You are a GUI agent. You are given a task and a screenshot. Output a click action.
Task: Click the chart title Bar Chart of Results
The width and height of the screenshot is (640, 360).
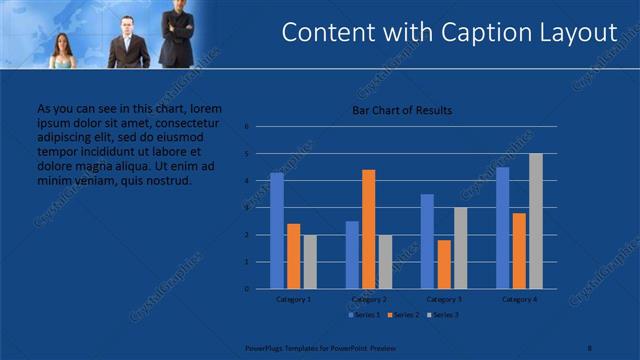tap(401, 109)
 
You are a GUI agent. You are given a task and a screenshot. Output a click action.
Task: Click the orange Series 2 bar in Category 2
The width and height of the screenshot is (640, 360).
tap(368, 229)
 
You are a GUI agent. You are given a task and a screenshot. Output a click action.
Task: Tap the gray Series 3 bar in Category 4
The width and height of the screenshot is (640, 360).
tap(535, 221)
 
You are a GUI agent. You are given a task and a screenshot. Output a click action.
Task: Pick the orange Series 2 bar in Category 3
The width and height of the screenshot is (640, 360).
tap(443, 264)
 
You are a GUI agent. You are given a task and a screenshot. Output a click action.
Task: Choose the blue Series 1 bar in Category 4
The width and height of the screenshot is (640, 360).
tap(502, 228)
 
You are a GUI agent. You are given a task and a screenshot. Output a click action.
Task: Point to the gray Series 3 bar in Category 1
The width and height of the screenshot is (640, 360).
tap(309, 262)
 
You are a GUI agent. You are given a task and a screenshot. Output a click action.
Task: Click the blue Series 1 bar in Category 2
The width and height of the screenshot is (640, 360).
tap(352, 255)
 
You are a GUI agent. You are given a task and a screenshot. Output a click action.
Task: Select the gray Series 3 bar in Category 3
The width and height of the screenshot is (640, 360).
tap(460, 248)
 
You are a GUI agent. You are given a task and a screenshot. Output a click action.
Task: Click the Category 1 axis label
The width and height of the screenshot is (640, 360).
tap(293, 299)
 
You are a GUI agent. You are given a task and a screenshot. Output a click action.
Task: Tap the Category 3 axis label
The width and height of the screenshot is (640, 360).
tap(443, 299)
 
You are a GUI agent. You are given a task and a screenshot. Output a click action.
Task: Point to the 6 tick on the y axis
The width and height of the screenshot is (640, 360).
tap(246, 127)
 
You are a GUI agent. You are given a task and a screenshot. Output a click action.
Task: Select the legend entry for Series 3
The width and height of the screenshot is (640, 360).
tap(442, 315)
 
